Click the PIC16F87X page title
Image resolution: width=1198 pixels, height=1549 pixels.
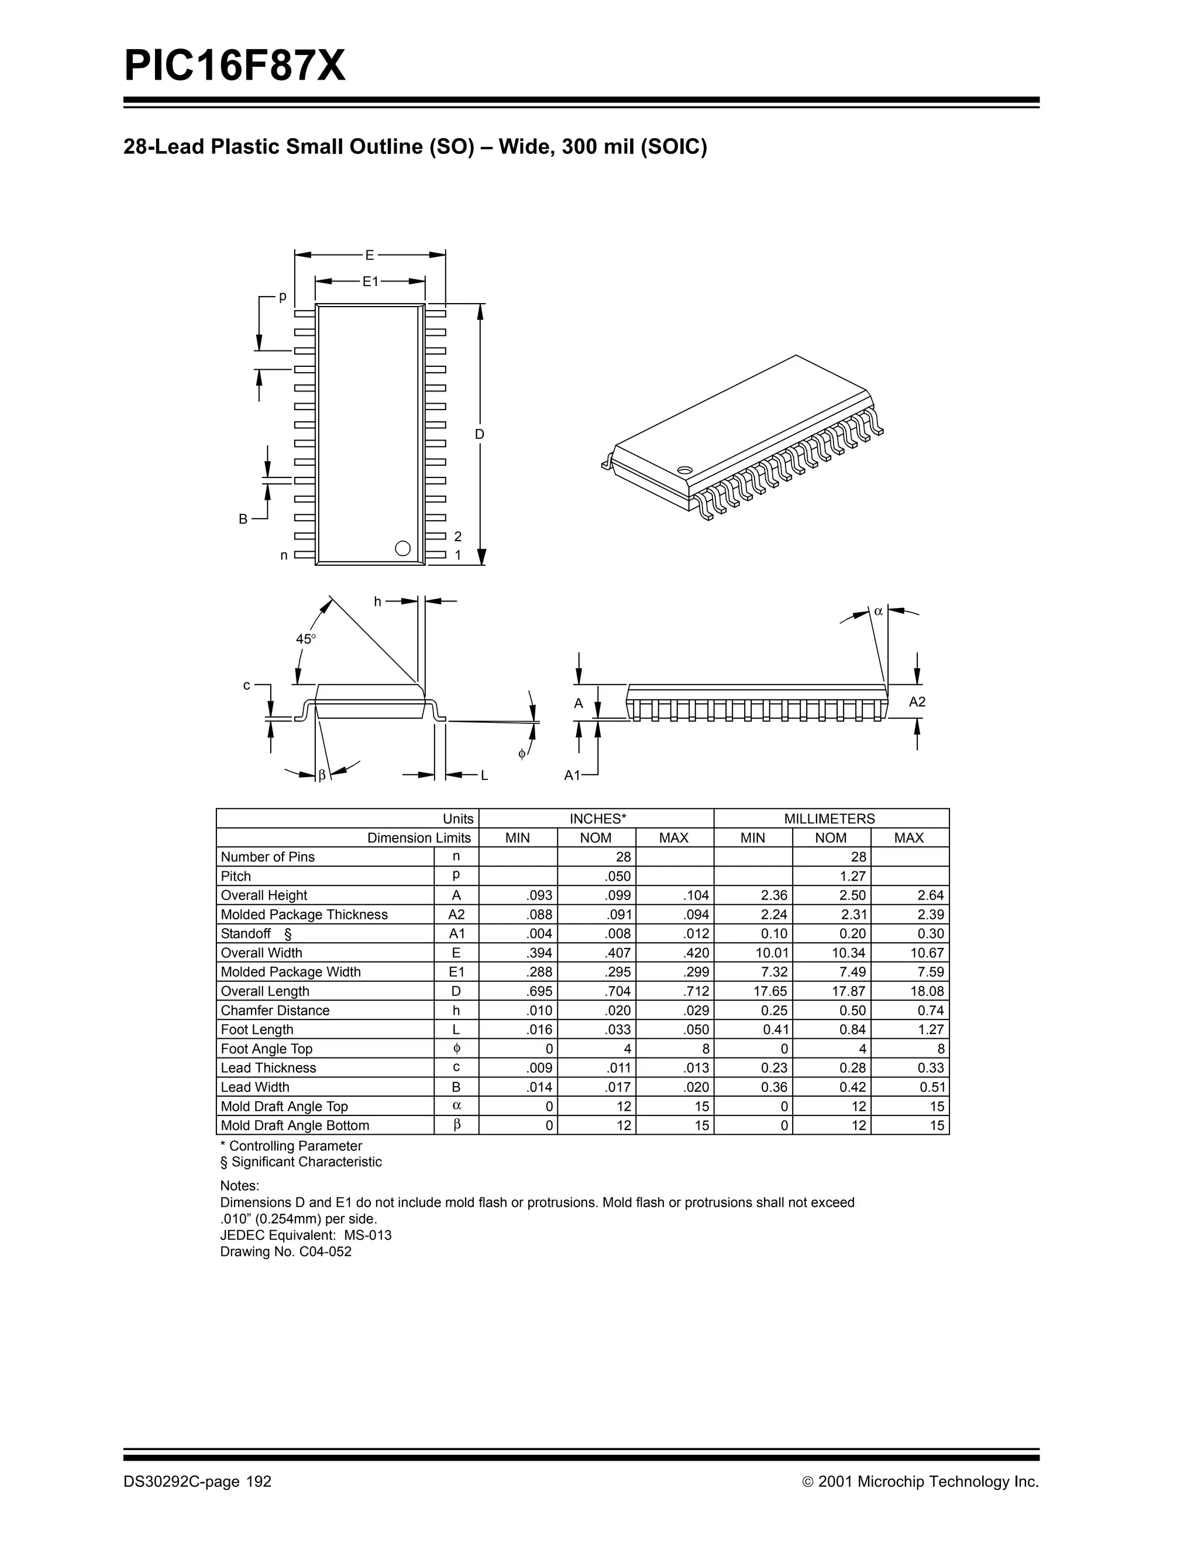pyautogui.click(x=235, y=67)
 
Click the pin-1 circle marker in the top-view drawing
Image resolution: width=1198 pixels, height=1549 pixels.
pyautogui.click(x=402, y=548)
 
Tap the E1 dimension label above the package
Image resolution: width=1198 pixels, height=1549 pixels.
pyautogui.click(x=370, y=281)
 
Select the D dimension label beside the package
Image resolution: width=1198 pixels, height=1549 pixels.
pyautogui.click(x=479, y=434)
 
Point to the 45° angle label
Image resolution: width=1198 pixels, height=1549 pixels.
pyautogui.click(x=305, y=639)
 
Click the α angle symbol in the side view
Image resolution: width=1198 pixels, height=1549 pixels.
pyautogui.click(x=878, y=611)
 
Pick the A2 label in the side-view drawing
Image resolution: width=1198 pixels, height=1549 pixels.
pyautogui.click(x=917, y=702)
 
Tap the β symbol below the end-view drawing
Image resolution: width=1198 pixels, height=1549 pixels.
pyautogui.click(x=322, y=775)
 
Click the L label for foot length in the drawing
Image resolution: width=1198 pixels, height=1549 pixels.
pyautogui.click(x=484, y=775)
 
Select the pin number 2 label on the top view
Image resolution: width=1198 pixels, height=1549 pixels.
pyautogui.click(x=458, y=536)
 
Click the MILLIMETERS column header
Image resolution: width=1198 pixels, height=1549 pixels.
pyautogui.click(x=830, y=819)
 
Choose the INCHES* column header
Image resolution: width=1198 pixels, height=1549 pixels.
pyautogui.click(x=597, y=819)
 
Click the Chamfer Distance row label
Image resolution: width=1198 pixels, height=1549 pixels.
pyautogui.click(x=275, y=1010)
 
